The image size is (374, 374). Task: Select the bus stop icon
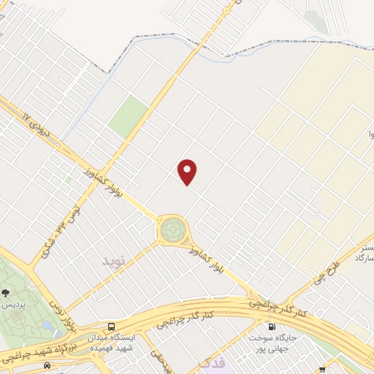[x=111, y=327]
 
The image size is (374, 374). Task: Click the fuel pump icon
[x=272, y=327]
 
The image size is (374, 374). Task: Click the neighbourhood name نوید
[x=115, y=261]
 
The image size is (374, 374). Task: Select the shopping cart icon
[x=322, y=370]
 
